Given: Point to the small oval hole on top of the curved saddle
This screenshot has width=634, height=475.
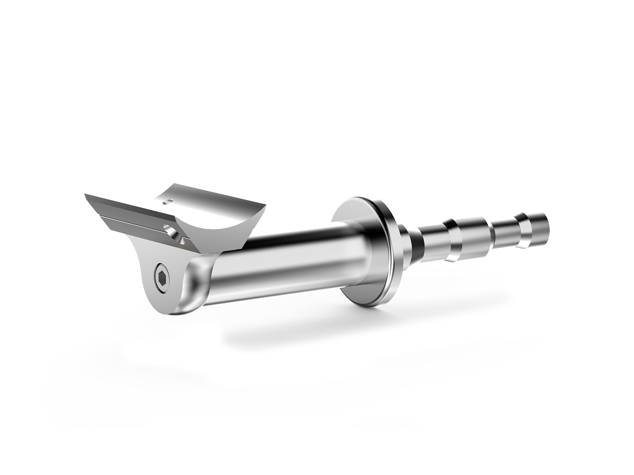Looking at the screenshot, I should (x=167, y=201).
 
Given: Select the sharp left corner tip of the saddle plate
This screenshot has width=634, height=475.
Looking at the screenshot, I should (x=85, y=194).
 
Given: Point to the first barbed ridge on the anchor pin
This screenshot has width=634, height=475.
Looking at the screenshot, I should (x=452, y=237).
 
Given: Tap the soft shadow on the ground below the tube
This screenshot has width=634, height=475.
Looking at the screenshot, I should (x=317, y=329).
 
